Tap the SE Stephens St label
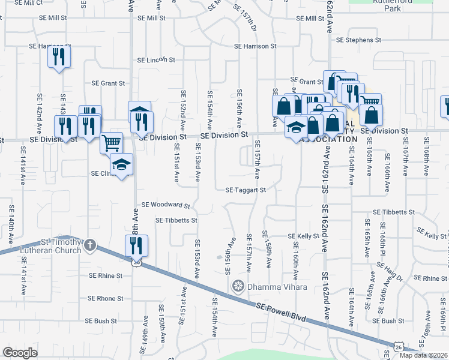359,40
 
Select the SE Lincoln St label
155,60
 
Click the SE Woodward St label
165,205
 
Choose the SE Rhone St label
105,298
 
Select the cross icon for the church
89,245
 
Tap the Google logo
20,353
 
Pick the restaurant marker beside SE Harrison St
59,58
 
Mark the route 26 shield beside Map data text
399,346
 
